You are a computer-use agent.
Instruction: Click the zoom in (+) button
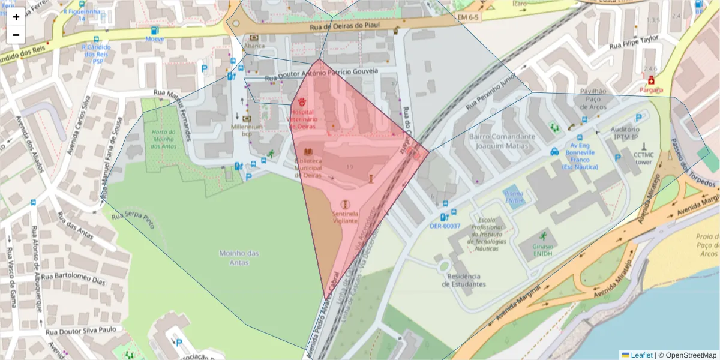click(x=16, y=17)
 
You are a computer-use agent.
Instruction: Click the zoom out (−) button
click(x=16, y=35)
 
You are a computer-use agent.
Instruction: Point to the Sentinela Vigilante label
click(x=345, y=217)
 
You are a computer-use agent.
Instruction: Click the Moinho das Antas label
click(x=239, y=258)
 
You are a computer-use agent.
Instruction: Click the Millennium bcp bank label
click(x=247, y=130)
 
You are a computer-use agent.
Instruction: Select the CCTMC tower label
click(x=643, y=158)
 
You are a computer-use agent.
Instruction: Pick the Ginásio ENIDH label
click(x=542, y=250)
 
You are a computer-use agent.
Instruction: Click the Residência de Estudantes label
click(x=464, y=280)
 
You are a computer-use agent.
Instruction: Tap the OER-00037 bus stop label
click(x=445, y=226)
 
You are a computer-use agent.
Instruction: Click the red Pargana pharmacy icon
click(x=651, y=80)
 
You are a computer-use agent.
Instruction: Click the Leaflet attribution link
click(x=641, y=355)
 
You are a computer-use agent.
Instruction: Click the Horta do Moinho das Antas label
click(x=163, y=139)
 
